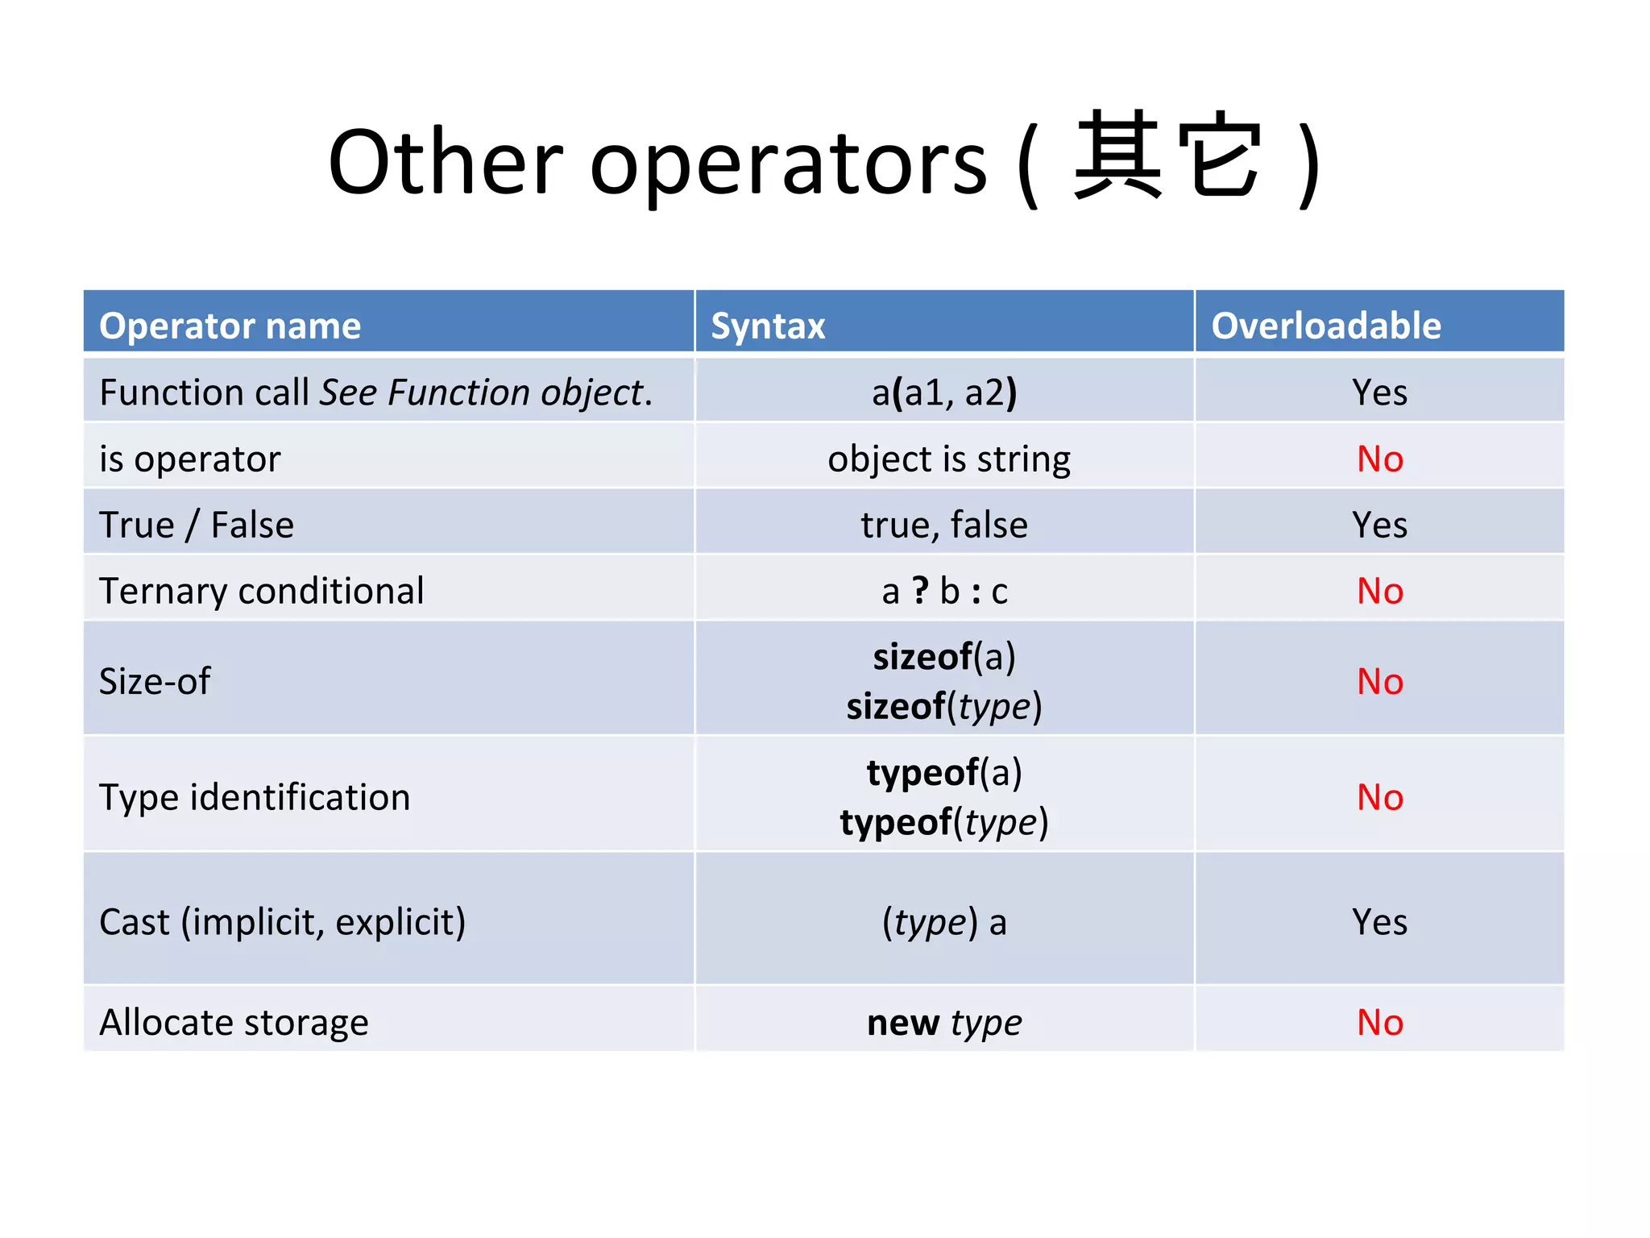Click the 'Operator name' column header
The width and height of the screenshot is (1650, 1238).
(230, 326)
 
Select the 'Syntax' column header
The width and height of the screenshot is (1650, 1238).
(768, 326)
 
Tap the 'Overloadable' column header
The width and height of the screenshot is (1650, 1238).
(1325, 326)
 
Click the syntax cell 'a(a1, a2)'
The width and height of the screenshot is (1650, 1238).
(944, 393)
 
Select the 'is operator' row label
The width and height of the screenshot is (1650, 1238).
(190, 459)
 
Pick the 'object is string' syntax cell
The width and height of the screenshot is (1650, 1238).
(948, 459)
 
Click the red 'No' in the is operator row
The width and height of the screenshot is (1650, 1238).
(1379, 459)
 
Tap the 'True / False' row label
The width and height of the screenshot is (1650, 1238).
(197, 526)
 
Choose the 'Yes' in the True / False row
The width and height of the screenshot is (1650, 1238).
(1379, 526)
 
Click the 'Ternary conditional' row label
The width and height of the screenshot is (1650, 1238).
(262, 592)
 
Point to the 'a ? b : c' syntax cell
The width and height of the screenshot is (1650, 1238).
(944, 592)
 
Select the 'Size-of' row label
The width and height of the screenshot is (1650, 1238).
(155, 682)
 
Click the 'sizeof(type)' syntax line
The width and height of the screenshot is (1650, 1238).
(944, 707)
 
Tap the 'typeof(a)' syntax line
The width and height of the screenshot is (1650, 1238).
(944, 773)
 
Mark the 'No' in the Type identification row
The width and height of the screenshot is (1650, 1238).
(1379, 798)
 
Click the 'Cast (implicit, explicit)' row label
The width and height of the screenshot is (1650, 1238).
(282, 922)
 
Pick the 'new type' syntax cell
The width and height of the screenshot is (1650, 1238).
(944, 1023)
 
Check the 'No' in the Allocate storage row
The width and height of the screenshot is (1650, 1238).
(1379, 1023)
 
